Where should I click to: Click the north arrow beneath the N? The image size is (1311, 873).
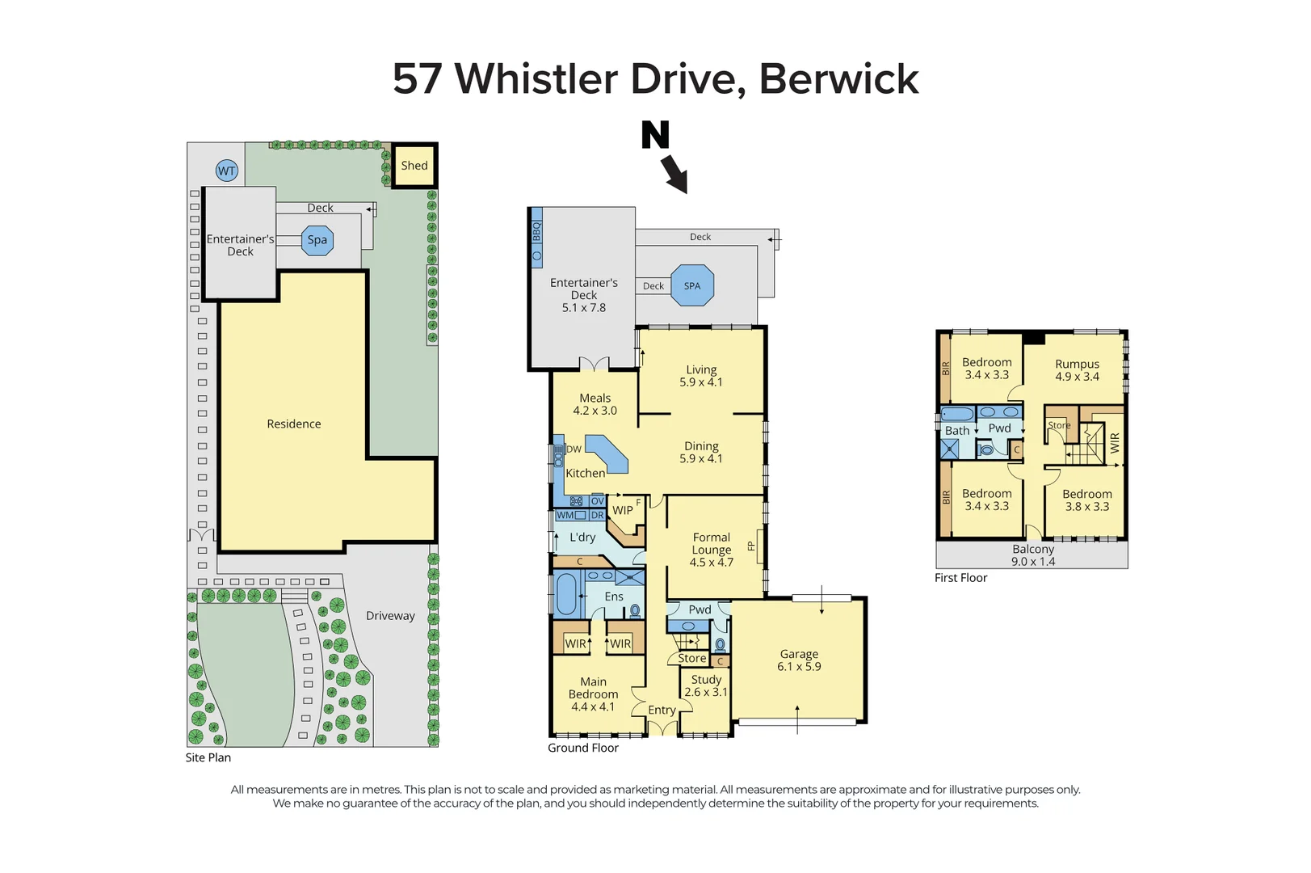point(674,174)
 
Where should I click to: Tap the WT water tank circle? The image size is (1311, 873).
point(227,171)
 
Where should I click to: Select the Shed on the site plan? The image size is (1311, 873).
point(414,166)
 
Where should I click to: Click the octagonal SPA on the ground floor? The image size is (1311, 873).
point(692,285)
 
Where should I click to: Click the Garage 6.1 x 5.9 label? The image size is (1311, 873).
point(799,660)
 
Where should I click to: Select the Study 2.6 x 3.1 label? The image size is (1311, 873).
point(706,685)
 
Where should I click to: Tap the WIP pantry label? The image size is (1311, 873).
point(623,510)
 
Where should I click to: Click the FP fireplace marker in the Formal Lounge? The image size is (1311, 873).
point(751,546)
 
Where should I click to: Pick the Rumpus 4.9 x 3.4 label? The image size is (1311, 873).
point(1077,370)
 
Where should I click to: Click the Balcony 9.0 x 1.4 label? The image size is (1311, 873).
point(1033,555)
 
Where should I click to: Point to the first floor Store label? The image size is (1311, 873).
point(1059,425)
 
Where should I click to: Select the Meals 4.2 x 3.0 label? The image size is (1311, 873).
point(595,404)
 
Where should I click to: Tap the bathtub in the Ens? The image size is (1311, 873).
point(566,595)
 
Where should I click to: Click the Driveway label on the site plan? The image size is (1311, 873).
point(390,616)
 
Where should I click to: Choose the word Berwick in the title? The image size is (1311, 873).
point(838,79)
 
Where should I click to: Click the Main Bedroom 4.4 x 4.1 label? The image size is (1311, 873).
point(593,694)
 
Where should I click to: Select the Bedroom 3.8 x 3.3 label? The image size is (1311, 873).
point(1086,500)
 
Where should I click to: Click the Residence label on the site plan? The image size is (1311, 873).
point(294,424)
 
